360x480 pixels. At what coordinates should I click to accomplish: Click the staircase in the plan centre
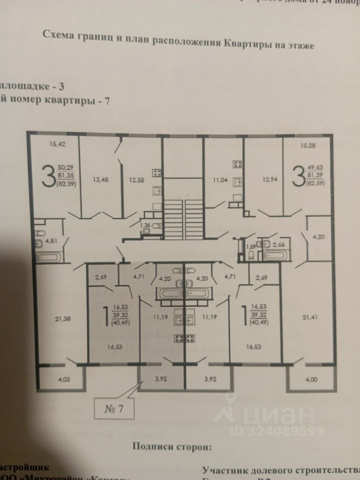pos(183,215)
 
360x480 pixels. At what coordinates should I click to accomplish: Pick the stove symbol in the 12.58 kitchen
pos(156,174)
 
